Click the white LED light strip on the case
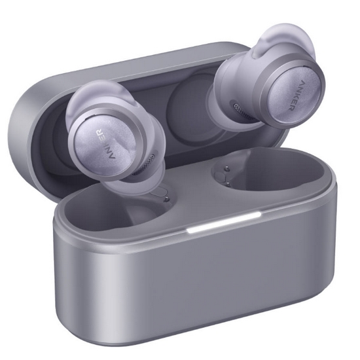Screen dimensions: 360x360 click(224, 222)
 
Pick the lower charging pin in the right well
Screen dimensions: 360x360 click(228, 183)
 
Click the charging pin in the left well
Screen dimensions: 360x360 click(166, 199)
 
